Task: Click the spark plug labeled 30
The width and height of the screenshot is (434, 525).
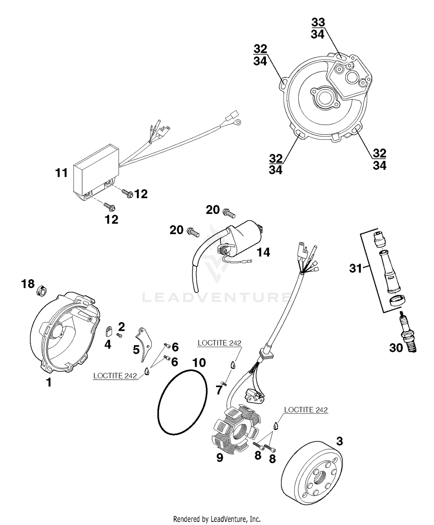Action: coord(408,336)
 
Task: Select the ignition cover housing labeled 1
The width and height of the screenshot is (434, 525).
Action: coord(65,333)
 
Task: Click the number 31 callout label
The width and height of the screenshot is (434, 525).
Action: coord(355,268)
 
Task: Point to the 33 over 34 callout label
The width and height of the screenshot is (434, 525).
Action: coord(318,28)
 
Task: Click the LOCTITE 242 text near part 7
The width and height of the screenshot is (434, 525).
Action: coord(219,343)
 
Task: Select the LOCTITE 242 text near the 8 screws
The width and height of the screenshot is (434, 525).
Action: coord(306,410)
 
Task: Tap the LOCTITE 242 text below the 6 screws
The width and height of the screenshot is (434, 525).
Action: coord(115,376)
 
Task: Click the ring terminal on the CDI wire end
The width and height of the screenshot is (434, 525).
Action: coord(238,123)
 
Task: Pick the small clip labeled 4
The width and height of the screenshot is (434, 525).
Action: coord(109,331)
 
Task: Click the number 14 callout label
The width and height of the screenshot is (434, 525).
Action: coord(263,252)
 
